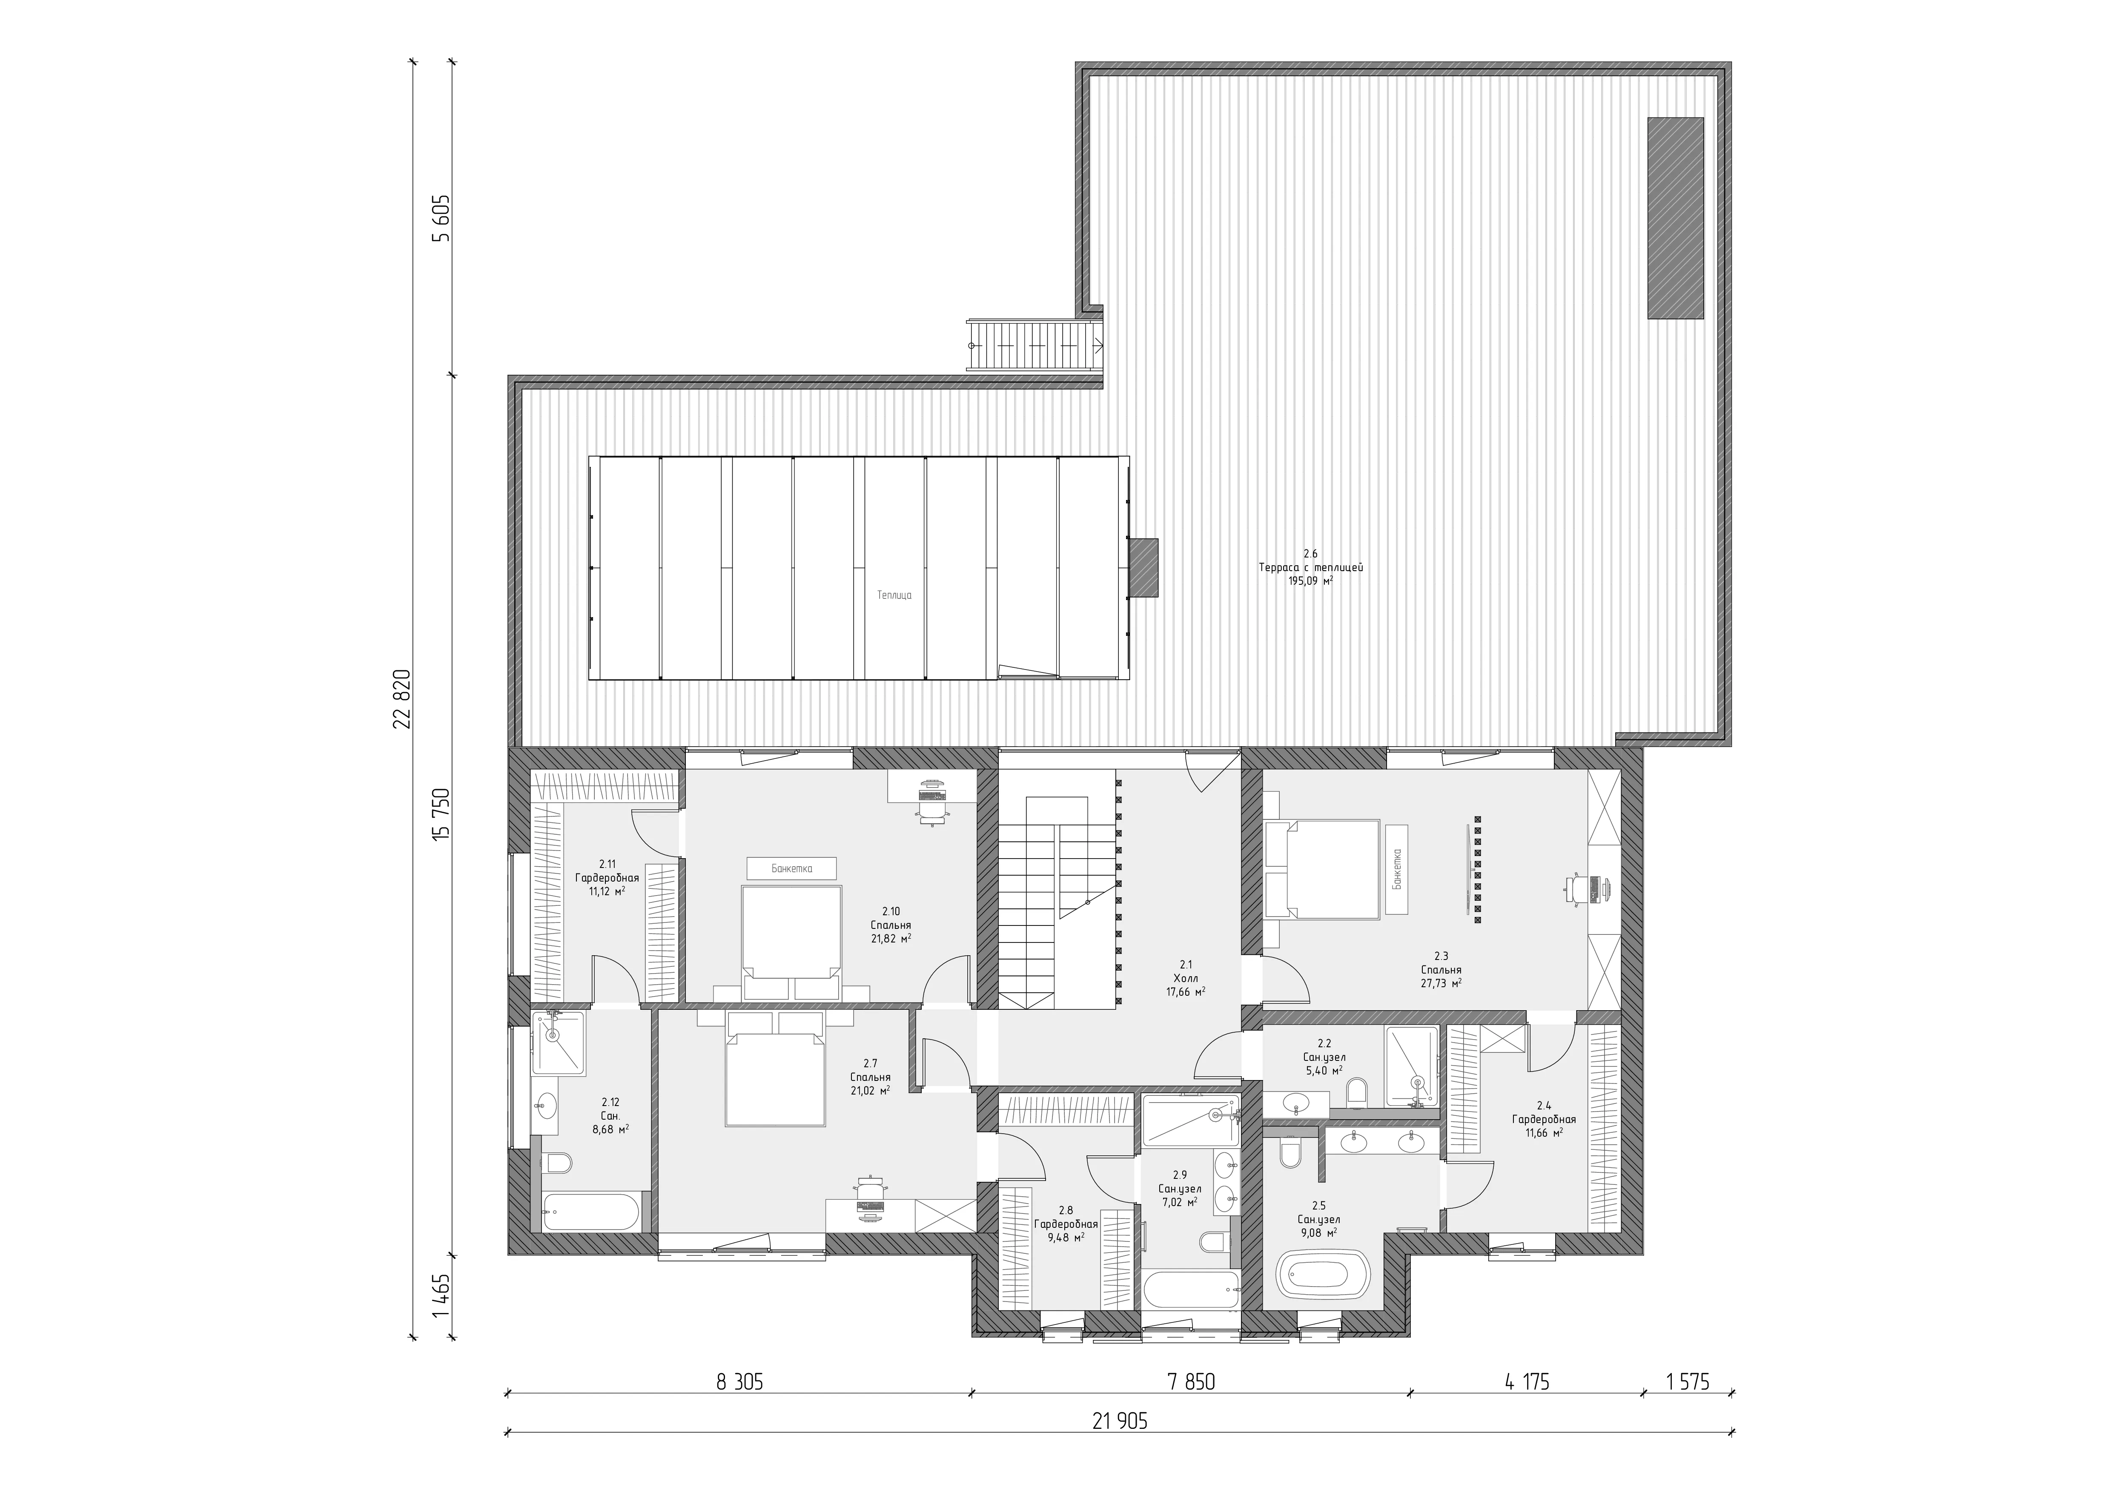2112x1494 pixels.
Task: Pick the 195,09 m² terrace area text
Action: tap(1311, 580)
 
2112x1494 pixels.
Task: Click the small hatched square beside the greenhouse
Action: tap(1143, 569)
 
